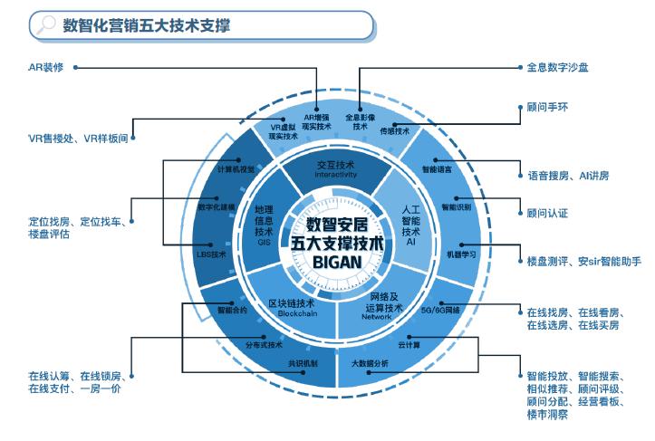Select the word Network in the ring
point(376,317)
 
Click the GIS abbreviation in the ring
point(265,243)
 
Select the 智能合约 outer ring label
point(232,310)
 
